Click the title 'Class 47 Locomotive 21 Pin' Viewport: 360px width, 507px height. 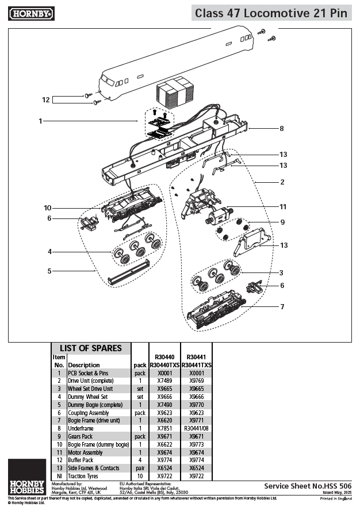coord(271,13)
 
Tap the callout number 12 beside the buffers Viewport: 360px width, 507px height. coord(46,100)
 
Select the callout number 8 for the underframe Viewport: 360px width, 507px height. coord(281,129)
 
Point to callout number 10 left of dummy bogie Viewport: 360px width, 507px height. coord(48,208)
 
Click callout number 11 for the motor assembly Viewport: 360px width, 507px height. coord(282,206)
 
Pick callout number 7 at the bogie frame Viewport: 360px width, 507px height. coord(282,306)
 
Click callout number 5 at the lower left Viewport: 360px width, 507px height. coord(49,271)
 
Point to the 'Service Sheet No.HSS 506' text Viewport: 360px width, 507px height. coord(307,486)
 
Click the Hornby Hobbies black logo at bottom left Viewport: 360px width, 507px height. coord(27,477)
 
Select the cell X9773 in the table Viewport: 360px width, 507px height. coord(197,444)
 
